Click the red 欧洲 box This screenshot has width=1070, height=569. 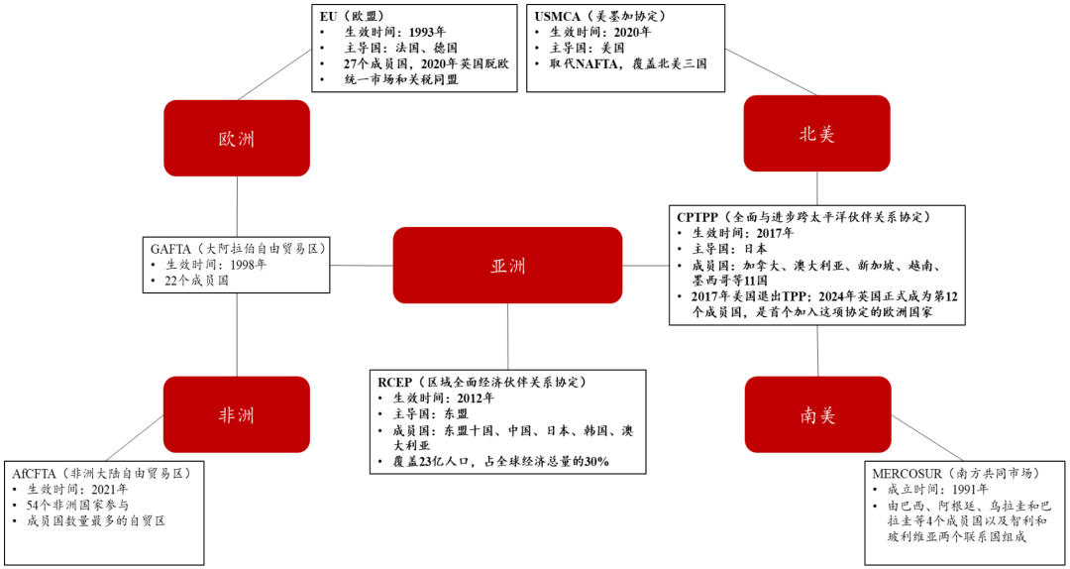237,138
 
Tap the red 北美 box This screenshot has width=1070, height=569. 816,134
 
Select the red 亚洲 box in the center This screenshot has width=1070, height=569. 507,265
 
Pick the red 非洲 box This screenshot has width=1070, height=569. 237,414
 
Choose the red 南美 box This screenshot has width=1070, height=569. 817,414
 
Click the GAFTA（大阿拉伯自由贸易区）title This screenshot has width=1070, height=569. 239,248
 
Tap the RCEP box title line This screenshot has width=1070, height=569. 481,382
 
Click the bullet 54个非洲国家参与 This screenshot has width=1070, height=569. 85,505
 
